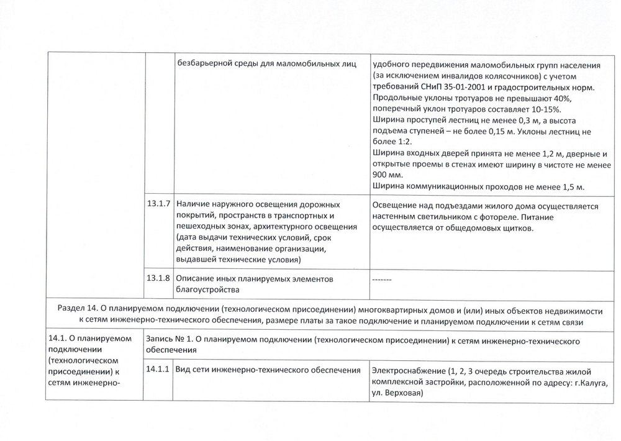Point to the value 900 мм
tap(384, 175)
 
